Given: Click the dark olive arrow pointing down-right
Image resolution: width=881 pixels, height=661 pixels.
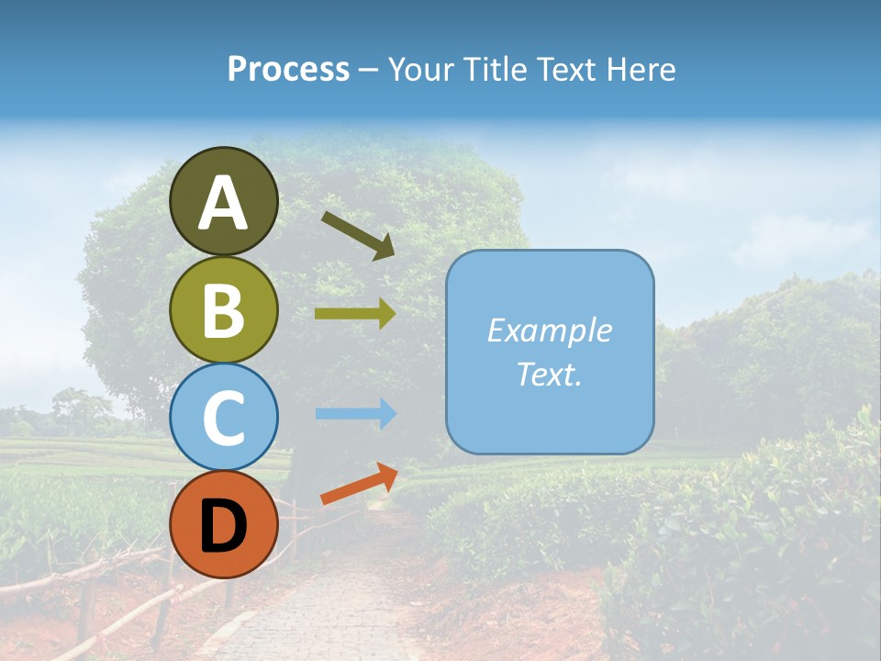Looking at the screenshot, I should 358,235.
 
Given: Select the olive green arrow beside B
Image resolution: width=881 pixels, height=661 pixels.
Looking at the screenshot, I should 355,314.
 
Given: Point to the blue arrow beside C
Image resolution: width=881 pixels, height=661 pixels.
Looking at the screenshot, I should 355,414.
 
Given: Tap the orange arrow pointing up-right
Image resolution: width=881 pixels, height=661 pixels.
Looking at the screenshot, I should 359,484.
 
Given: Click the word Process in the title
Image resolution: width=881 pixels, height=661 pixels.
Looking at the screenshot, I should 288,69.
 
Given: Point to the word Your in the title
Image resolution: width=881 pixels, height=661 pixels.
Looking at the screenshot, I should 423,69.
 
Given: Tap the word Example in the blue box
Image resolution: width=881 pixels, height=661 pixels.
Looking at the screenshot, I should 549,330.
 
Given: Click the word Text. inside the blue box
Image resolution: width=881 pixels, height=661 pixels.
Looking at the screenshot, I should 549,374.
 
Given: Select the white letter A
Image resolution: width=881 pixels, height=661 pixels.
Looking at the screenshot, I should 223,204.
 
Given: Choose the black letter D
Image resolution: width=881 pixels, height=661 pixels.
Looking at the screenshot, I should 223,526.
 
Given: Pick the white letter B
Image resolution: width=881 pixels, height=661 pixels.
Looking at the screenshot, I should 223,310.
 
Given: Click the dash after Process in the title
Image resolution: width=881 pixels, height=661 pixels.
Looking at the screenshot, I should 369,70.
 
